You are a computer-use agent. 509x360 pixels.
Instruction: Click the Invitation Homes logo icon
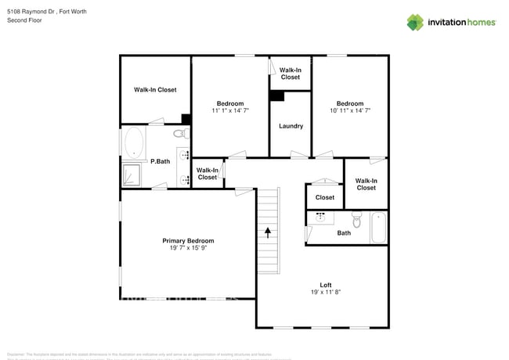415,22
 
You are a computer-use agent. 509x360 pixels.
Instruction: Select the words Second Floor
24,21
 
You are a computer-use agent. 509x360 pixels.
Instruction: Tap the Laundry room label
291,126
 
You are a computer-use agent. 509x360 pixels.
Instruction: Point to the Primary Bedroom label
188,240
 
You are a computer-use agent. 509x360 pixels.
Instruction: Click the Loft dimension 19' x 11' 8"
326,292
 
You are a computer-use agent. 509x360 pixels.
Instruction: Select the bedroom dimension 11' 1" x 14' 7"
230,111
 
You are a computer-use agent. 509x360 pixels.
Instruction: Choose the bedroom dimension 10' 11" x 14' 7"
350,111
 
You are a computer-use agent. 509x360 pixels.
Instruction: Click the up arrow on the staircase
268,232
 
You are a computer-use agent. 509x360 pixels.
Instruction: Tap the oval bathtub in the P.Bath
134,143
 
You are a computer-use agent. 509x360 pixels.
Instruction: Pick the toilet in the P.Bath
181,134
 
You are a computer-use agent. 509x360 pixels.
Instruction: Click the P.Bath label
160,161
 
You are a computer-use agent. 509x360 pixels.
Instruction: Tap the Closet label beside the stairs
325,197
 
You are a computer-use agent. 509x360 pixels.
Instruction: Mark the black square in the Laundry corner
276,96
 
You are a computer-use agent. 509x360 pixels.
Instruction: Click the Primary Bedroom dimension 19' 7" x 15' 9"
188,248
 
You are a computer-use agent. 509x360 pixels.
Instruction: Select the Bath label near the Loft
344,232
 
